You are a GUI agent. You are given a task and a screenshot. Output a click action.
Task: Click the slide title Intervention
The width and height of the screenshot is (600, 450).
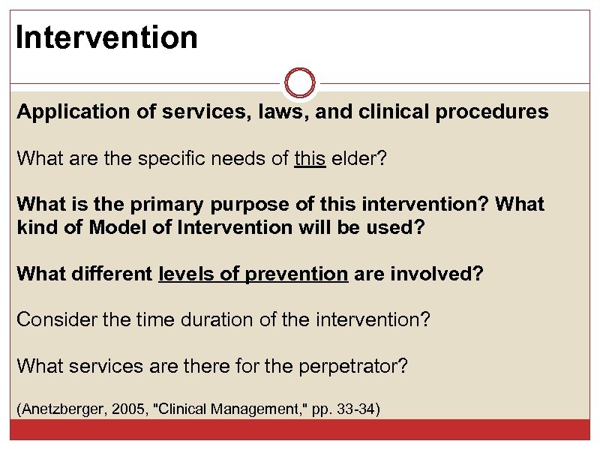click(x=106, y=37)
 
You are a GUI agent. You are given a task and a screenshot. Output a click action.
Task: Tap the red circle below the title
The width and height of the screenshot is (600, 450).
click(x=300, y=82)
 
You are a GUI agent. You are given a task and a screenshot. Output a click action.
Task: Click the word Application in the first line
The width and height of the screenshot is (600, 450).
click(x=64, y=112)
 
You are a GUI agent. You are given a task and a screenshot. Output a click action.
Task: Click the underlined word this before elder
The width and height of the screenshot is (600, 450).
click(x=310, y=158)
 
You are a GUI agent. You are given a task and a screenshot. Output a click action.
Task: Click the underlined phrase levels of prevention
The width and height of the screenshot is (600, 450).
click(x=253, y=273)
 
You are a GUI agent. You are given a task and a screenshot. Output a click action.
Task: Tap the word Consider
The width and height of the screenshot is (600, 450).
click(x=52, y=319)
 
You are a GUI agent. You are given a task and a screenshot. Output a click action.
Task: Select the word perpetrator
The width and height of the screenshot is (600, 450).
click(x=352, y=365)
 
